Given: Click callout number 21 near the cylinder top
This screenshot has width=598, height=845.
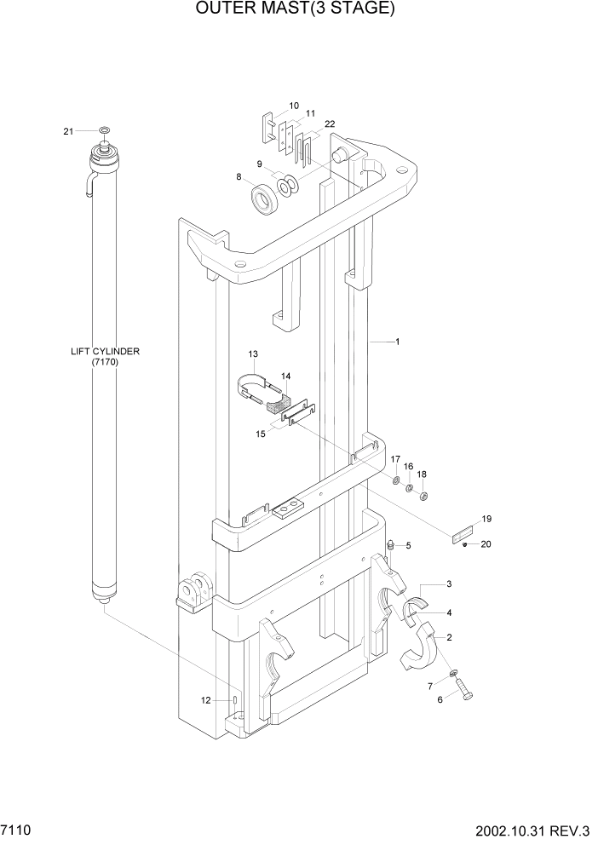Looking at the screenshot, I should point(69,130).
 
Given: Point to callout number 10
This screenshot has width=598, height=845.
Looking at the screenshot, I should point(293,106).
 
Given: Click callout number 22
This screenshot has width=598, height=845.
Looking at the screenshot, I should point(329,124).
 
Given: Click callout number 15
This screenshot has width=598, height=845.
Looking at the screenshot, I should point(261,433).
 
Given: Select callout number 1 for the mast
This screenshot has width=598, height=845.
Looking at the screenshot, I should point(397,342).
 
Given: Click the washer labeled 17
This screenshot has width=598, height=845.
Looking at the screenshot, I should point(396,483).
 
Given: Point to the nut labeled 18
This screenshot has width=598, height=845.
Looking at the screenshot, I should point(424,497).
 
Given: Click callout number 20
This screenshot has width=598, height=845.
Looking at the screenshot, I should point(486,544).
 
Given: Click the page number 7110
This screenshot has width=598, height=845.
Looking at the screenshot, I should point(16,829).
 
